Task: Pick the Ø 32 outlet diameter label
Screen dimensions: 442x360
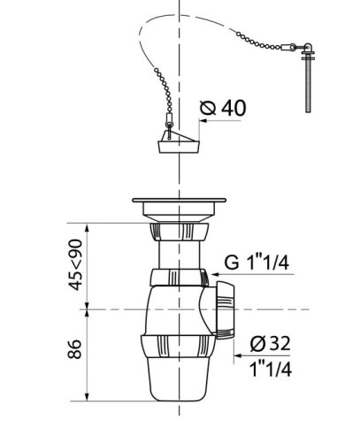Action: (x=271, y=343)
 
